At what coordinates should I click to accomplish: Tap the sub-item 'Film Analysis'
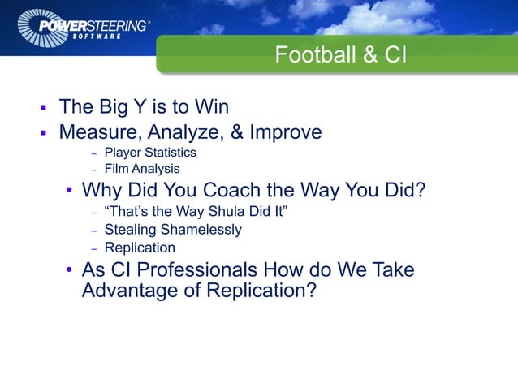click(x=142, y=170)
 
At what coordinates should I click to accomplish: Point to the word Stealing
click(x=132, y=230)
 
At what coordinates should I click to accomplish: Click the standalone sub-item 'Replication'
click(x=140, y=248)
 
